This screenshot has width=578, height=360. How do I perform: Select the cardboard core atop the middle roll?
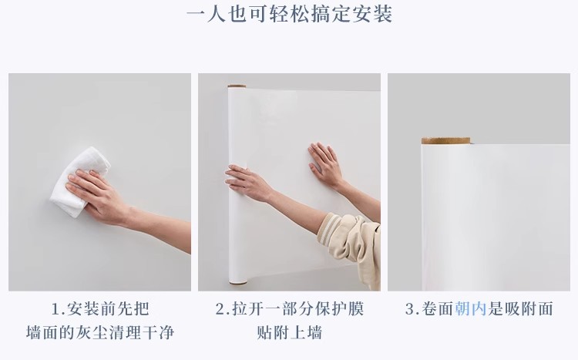click(237, 86)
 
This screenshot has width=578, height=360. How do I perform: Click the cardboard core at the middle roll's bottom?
click(238, 283)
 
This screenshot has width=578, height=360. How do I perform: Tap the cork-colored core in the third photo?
click(445, 140)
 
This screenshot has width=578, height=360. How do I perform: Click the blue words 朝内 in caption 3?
click(470, 308)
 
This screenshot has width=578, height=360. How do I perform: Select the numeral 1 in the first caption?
click(55, 309)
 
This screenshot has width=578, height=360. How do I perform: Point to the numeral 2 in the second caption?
click(220, 309)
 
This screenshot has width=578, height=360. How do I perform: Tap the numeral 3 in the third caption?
click(409, 309)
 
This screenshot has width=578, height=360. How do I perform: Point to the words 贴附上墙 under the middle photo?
click(290, 333)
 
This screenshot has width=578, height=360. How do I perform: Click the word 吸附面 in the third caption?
click(529, 308)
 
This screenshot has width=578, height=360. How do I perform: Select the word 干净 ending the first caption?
click(158, 333)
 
